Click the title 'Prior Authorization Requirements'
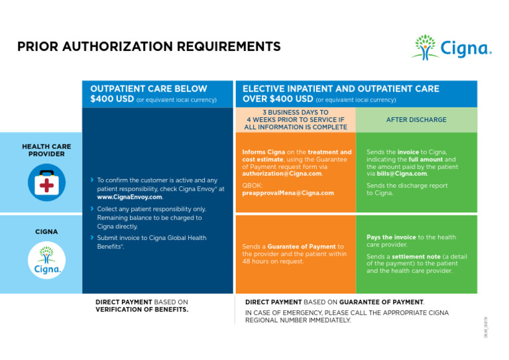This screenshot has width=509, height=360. pyautogui.click(x=148, y=46)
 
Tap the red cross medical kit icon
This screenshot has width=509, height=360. pyautogui.click(x=46, y=182)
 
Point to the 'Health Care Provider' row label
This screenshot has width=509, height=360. pyautogui.click(x=46, y=150)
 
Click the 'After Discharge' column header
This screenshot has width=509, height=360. pyautogui.click(x=416, y=120)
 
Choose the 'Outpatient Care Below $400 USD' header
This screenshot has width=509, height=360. pyautogui.click(x=148, y=93)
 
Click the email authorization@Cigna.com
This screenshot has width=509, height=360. pyautogui.click(x=282, y=174)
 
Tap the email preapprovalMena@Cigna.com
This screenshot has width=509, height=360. pyautogui.click(x=288, y=193)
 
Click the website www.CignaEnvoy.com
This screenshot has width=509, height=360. pyautogui.click(x=129, y=197)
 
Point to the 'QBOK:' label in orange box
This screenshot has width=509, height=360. pyautogui.click(x=252, y=186)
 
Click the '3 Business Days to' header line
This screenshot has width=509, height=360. pyautogui.click(x=295, y=113)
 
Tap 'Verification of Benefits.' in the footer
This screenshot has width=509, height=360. pyautogui.click(x=141, y=310)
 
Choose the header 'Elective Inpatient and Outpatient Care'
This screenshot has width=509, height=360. pyautogui.click(x=341, y=89)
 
